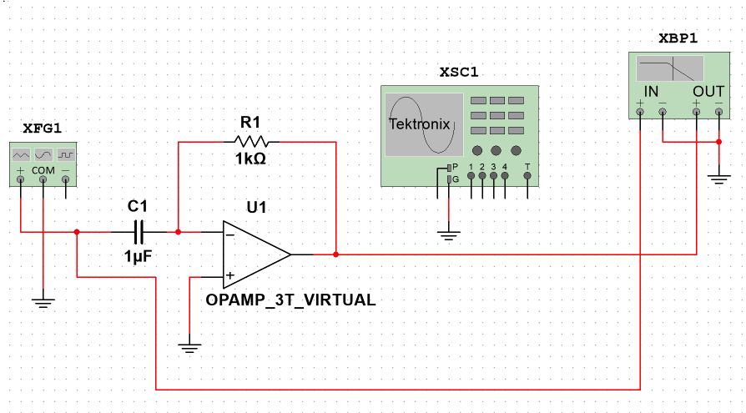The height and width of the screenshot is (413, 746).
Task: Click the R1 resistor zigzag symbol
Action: (x=251, y=142)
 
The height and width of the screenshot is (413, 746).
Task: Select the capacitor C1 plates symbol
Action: (x=139, y=232)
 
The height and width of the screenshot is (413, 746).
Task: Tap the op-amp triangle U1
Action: (x=255, y=254)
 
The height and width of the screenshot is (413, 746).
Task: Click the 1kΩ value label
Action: (x=250, y=159)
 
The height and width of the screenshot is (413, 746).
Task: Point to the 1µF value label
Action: (x=138, y=256)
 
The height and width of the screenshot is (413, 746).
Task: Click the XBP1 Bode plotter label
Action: (x=677, y=38)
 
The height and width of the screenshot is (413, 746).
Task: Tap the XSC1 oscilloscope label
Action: (x=459, y=72)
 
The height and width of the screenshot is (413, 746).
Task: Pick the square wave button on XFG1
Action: (x=66, y=154)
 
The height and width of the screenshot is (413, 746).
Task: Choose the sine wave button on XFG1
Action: (x=43, y=154)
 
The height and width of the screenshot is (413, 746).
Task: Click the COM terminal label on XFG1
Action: (x=43, y=170)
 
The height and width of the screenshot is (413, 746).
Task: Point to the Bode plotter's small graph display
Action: (x=669, y=68)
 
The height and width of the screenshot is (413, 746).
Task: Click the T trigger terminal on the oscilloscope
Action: (x=527, y=167)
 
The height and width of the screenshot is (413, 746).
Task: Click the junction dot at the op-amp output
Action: (x=335, y=254)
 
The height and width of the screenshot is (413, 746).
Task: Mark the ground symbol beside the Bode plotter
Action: (x=718, y=176)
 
